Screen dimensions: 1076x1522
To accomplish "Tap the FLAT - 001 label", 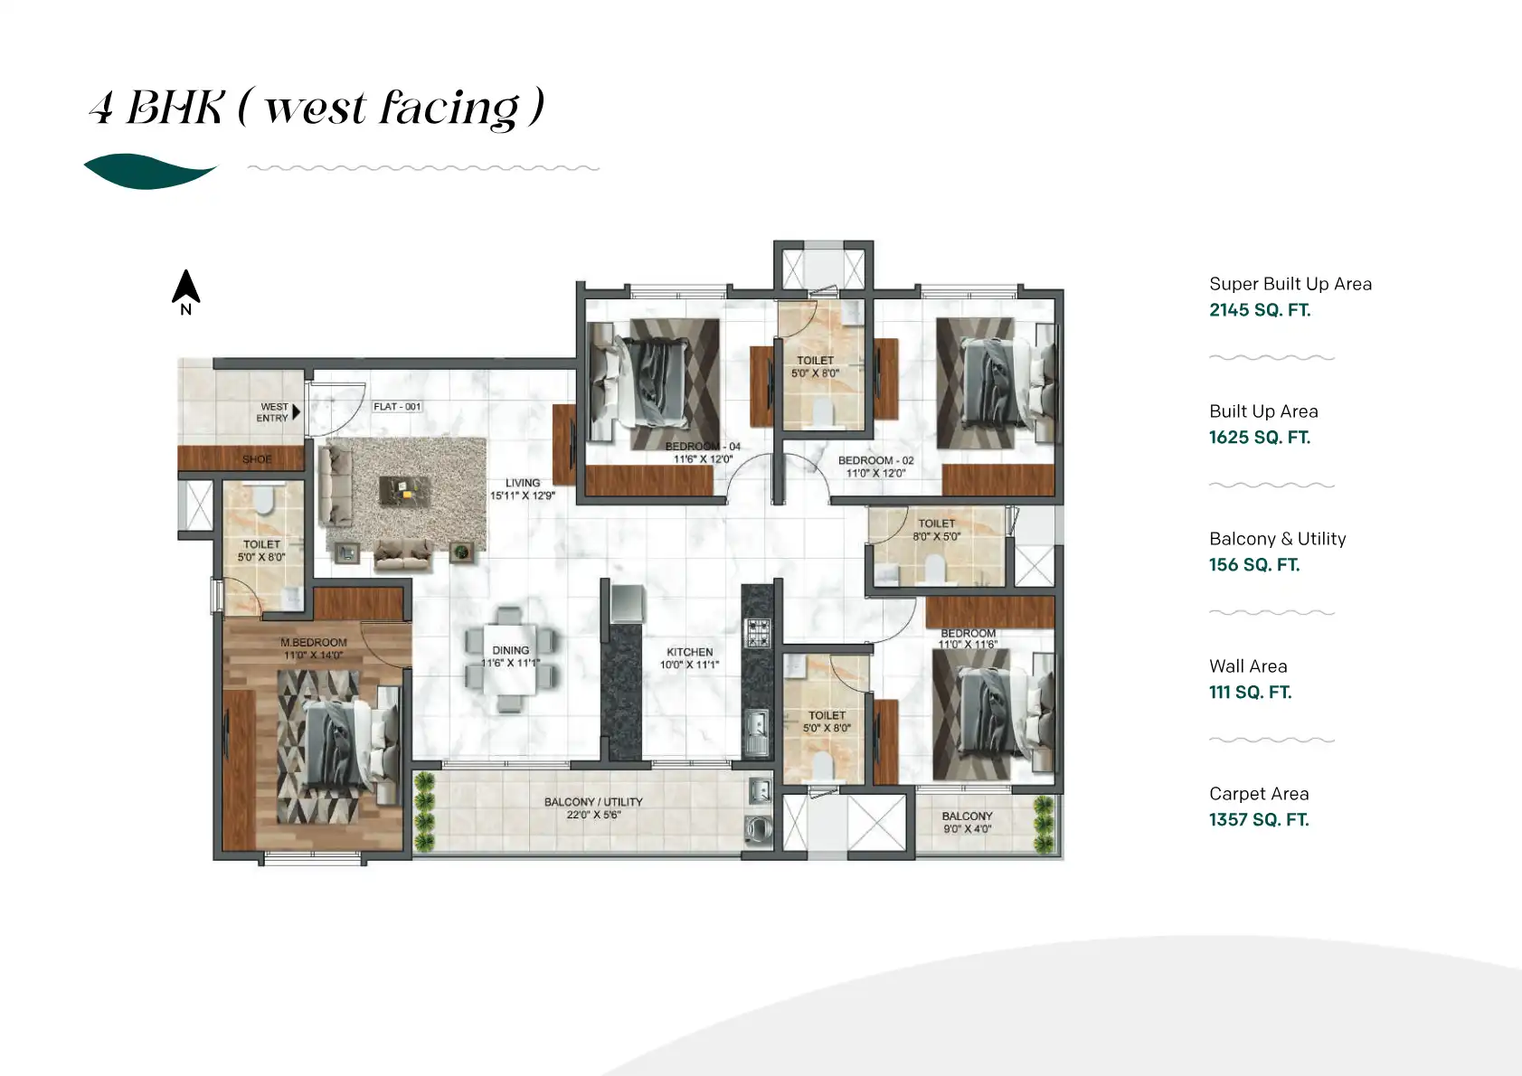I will pos(397,407).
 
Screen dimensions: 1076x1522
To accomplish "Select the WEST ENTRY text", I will pos(273,412).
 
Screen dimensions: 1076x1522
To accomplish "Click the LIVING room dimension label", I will pos(522,489).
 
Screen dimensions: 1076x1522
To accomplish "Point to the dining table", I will pos(510,657).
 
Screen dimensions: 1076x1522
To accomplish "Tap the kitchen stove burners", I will pos(757,632).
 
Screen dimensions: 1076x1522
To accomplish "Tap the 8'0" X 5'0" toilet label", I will pos(936,530).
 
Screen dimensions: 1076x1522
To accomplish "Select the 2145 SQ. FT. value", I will pos(1259,310).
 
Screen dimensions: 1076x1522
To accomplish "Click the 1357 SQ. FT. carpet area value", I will pos(1258,820).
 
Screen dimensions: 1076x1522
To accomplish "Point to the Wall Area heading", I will pos(1247,666).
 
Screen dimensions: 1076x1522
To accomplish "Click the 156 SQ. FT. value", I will pos(1253,565).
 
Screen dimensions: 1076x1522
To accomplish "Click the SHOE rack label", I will pos(257,459).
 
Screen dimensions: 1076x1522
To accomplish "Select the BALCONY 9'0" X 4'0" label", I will pos(967,822).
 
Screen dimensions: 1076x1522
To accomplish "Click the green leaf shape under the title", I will pos(150,171).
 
